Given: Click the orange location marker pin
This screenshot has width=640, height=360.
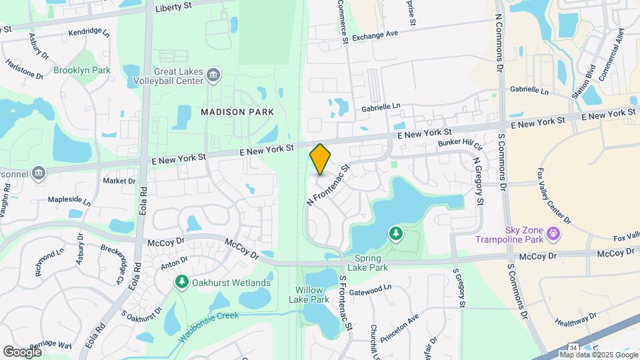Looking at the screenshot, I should click(320, 159).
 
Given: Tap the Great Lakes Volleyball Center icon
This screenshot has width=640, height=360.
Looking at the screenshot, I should click(214, 73).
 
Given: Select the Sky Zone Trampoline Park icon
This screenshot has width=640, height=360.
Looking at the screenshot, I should click(552, 233).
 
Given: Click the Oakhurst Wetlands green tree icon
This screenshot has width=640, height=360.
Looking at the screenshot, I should click(181, 283).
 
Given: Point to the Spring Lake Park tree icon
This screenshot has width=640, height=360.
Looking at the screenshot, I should click(396, 233).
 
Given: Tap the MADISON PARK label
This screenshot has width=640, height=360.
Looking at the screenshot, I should click(237, 113).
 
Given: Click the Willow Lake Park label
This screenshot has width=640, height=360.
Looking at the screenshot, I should click(309, 295).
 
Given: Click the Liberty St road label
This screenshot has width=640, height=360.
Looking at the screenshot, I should click(173, 8).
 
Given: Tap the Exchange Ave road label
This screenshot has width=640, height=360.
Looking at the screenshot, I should click(375, 34).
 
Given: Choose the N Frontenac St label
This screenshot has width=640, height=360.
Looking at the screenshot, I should click(327, 185).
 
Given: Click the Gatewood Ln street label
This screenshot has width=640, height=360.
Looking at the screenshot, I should click(364, 289).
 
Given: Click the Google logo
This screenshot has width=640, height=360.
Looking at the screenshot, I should click(22, 351).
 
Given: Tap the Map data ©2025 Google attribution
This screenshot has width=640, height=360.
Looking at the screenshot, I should click(599, 355).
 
